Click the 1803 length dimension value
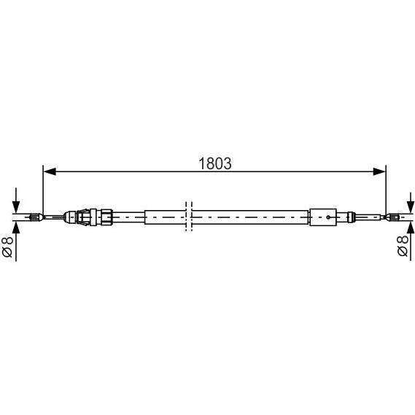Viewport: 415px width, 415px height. coord(215,163)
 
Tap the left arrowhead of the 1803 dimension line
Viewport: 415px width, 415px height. coord(50,171)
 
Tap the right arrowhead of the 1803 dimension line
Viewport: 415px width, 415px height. coord(379,171)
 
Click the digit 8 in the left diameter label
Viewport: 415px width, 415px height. coord(7,241)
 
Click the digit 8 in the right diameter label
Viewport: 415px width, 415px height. coord(403,240)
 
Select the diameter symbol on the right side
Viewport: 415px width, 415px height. coord(403,252)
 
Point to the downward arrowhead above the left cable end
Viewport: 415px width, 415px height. coord(16,207)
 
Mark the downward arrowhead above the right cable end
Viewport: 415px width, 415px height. coord(411,206)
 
